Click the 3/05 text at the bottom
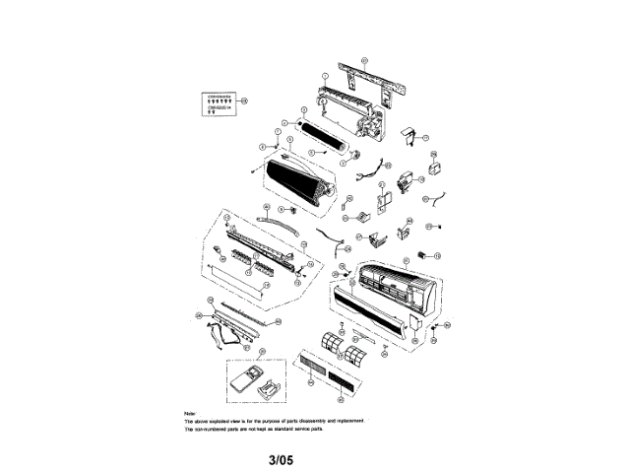coord(280,458)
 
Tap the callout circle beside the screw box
coord(246,101)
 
